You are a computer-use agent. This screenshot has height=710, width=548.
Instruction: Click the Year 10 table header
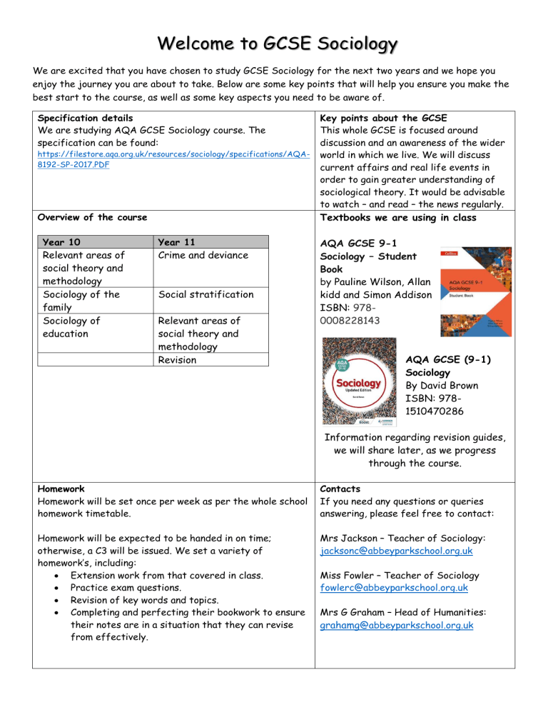pos(60,242)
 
